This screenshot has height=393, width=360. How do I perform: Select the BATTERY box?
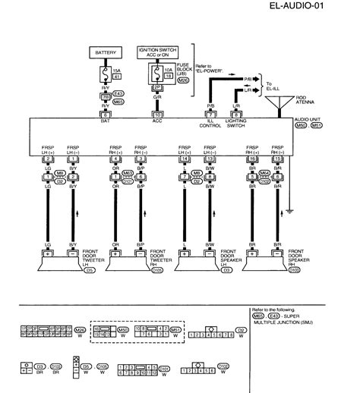tap(106, 52)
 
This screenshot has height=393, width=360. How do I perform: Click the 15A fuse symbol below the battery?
tap(106, 74)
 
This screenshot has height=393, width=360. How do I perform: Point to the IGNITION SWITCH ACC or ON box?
tap(158, 51)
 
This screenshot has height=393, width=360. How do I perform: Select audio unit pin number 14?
tap(184, 156)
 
